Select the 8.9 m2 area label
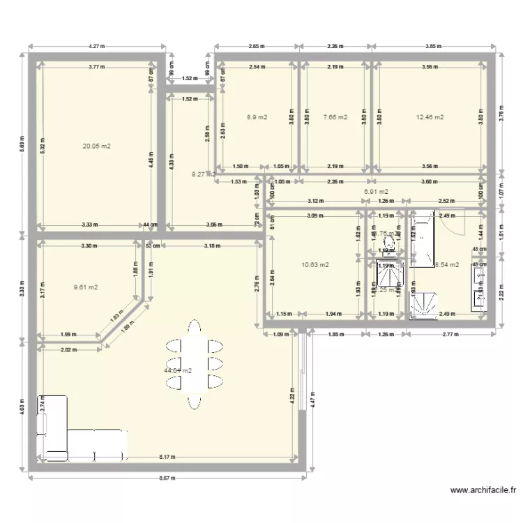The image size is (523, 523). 257,117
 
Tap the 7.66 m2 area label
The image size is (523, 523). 335,117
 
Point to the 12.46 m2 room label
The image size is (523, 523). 430,117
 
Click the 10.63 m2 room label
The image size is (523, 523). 315,264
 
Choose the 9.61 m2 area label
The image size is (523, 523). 86,287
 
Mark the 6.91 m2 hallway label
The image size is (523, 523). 377,191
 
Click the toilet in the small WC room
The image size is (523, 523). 389,243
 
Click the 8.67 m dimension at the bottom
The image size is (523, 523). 167,479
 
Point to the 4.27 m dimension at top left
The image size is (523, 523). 97,47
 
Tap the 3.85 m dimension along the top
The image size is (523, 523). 434,47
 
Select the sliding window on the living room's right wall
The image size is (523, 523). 303,370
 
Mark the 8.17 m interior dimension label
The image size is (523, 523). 167,458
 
